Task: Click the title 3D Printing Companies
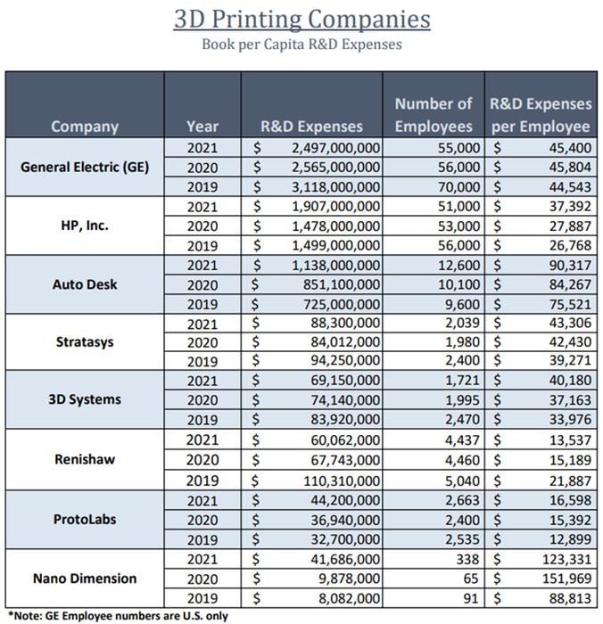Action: [x=301, y=19]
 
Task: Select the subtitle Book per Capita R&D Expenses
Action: [x=301, y=43]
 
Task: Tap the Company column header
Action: [x=85, y=126]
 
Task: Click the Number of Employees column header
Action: [x=434, y=115]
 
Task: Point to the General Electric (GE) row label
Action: [x=85, y=167]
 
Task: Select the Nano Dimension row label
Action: [x=85, y=579]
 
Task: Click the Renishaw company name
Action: [x=85, y=461]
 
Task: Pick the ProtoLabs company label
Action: [x=85, y=520]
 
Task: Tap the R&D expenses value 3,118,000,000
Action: [x=335, y=187]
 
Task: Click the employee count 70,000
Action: [x=460, y=187]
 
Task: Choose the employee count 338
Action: [x=469, y=559]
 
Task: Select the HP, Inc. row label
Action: [x=85, y=226]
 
